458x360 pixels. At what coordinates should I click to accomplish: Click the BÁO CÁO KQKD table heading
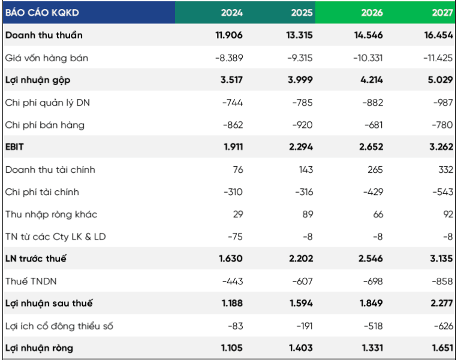tap(42, 13)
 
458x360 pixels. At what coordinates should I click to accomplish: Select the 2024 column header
tap(231, 13)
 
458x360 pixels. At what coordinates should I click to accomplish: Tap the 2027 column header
tap(442, 13)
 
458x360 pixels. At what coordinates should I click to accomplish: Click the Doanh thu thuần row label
tap(44, 35)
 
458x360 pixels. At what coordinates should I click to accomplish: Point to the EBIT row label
tap(14, 147)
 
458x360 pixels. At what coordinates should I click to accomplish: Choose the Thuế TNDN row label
tap(31, 281)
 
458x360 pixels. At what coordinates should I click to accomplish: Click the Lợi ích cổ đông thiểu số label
tap(59, 326)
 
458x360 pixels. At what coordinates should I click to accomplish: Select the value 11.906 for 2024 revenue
tap(229, 35)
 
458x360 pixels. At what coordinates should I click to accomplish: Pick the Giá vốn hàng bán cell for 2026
tap(368, 58)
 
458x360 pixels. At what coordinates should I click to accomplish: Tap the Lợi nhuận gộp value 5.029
tap(441, 80)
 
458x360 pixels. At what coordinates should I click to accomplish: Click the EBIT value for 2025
tap(301, 147)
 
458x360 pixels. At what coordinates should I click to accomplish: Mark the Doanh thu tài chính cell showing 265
tap(375, 170)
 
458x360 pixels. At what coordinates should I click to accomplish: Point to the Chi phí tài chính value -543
tap(443, 192)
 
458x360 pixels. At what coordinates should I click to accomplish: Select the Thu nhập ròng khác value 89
tap(308, 214)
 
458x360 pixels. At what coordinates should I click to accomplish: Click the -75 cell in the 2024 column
tap(236, 236)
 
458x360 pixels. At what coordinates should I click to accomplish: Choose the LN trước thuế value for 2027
tap(441, 259)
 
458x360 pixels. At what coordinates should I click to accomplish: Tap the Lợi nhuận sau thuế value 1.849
tap(371, 303)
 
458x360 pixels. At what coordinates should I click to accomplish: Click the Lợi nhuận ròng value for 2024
tap(231, 348)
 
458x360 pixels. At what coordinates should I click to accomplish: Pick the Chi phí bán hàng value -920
tap(303, 125)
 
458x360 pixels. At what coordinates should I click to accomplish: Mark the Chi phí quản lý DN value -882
tap(373, 103)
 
